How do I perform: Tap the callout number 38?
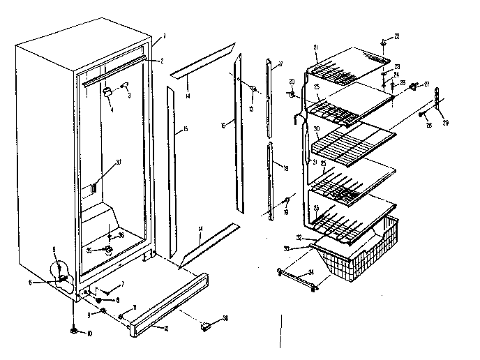(x=225, y=319)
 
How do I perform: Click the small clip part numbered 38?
(x=207, y=325)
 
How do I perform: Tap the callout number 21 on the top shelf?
(x=315, y=47)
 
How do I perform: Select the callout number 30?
(x=316, y=128)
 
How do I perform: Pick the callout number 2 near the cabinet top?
(x=161, y=61)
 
